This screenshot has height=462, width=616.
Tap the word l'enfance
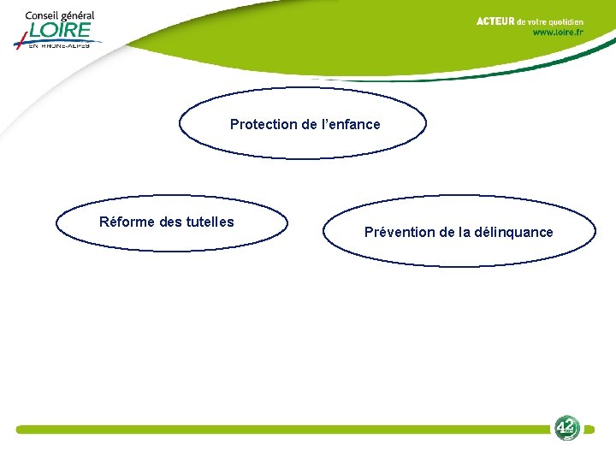352,125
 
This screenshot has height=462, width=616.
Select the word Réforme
127,222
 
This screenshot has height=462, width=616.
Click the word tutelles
210,222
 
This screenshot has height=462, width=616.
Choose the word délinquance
513,233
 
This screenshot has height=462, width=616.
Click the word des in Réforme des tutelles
171,222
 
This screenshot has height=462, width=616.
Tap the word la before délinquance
463,233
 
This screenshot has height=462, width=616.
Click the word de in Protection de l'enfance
310,125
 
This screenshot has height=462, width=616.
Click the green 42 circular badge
566,428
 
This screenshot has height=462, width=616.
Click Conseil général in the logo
59,15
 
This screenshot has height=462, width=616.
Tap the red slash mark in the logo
21,38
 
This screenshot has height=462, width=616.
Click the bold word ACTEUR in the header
495,21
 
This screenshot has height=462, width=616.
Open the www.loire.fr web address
558,33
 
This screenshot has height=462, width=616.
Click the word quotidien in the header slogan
566,21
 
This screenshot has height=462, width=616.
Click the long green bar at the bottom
282,429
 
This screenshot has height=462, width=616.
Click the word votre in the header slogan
536,21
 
